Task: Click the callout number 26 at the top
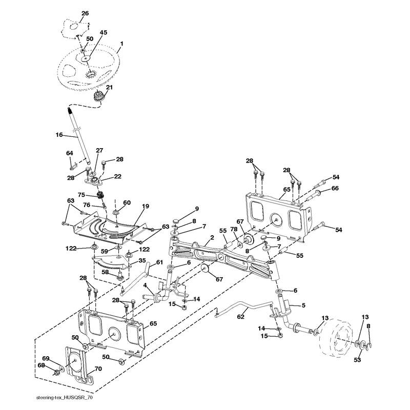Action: pyautogui.click(x=85, y=13)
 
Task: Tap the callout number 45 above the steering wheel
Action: pyautogui.click(x=104, y=33)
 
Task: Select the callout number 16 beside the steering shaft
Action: pyautogui.click(x=59, y=135)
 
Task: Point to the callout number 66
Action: pyautogui.click(x=335, y=188)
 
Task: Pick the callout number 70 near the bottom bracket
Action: pyautogui.click(x=98, y=369)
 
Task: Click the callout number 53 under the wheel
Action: pyautogui.click(x=357, y=360)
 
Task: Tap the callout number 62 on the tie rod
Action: pyautogui.click(x=240, y=317)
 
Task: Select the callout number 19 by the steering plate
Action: pyautogui.click(x=146, y=207)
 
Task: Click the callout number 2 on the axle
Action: pyautogui.click(x=212, y=237)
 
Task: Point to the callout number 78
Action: pyautogui.click(x=234, y=229)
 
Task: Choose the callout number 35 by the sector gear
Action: pyautogui.click(x=142, y=260)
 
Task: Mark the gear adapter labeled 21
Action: pyautogui.click(x=98, y=97)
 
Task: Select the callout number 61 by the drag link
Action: pyautogui.click(x=159, y=262)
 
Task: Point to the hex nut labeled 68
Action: pyautogui.click(x=56, y=372)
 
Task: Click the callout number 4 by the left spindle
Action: pyautogui.click(x=145, y=284)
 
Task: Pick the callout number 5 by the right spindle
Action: pyautogui.click(x=303, y=305)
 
